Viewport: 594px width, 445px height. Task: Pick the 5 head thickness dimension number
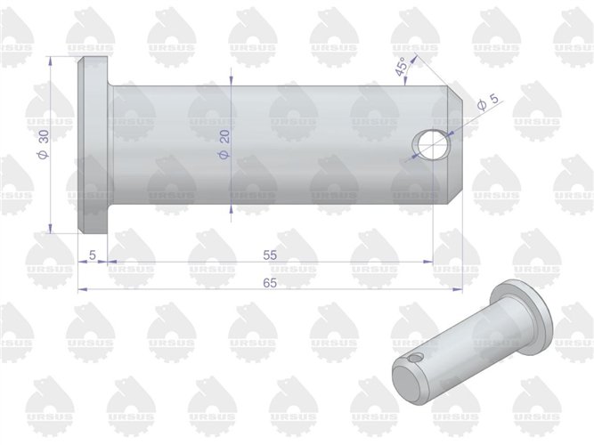point(93,255)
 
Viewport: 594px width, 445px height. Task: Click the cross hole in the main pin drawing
point(431,142)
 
